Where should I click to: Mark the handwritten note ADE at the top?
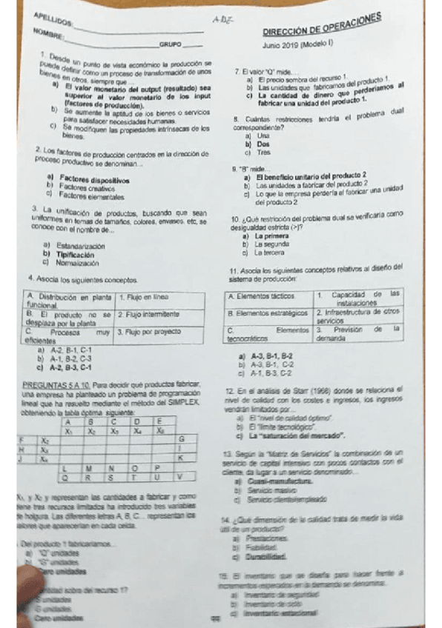pos(220,21)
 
